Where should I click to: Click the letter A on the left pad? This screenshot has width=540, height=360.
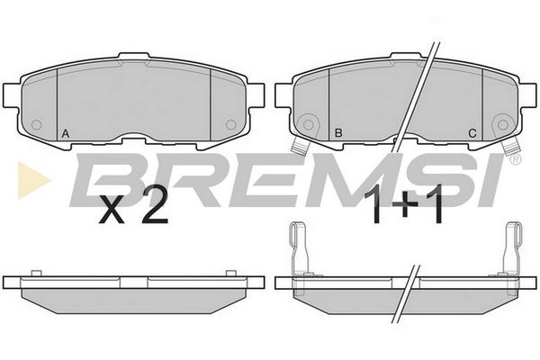pos(65,133)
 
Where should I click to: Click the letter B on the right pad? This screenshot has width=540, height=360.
pos(338,132)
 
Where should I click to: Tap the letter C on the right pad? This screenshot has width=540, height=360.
pos(472,133)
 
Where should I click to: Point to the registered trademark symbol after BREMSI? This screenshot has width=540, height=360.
pos(516,159)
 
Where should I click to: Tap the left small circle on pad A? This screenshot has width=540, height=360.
pos(37,124)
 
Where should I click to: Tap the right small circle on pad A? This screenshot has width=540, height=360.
pos(230,124)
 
